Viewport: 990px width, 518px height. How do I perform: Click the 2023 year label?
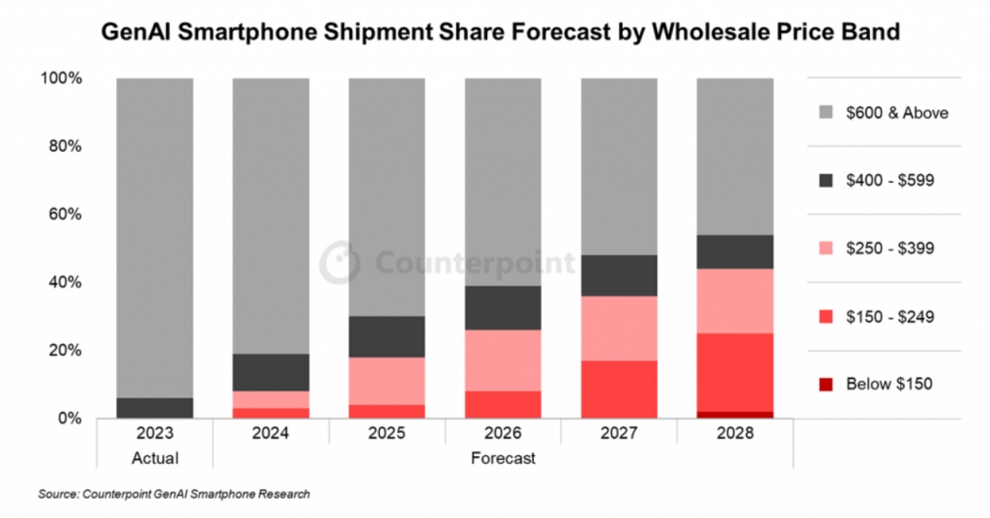click(x=155, y=436)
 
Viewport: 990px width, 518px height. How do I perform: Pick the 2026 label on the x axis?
click(x=503, y=436)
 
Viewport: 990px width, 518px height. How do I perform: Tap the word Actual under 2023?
click(x=155, y=457)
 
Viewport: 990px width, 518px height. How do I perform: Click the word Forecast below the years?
click(x=503, y=457)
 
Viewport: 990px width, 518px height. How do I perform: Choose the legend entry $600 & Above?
click(x=897, y=112)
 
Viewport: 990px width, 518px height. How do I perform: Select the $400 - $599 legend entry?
click(x=888, y=180)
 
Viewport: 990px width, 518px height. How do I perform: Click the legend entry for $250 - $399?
click(x=888, y=248)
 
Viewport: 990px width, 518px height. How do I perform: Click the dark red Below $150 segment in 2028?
click(x=735, y=415)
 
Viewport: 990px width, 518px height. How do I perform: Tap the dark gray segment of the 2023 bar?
click(x=155, y=408)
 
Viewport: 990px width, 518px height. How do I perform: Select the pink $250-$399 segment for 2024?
click(x=271, y=399)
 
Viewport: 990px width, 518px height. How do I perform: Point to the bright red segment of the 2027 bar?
click(x=619, y=388)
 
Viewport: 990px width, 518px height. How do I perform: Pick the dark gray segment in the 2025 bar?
click(x=387, y=336)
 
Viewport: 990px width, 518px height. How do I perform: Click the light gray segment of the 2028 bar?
click(x=735, y=156)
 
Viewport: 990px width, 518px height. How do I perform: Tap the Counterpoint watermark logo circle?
click(x=339, y=262)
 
